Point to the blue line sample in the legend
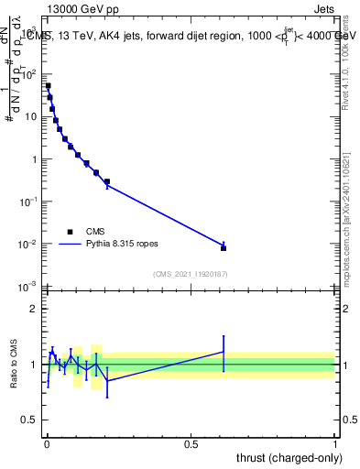[70, 245]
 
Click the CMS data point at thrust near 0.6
[224, 247]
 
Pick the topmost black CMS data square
[48, 86]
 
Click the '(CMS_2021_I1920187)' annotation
[190, 274]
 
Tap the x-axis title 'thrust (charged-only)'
[285, 456]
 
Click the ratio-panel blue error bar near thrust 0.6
[224, 353]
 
